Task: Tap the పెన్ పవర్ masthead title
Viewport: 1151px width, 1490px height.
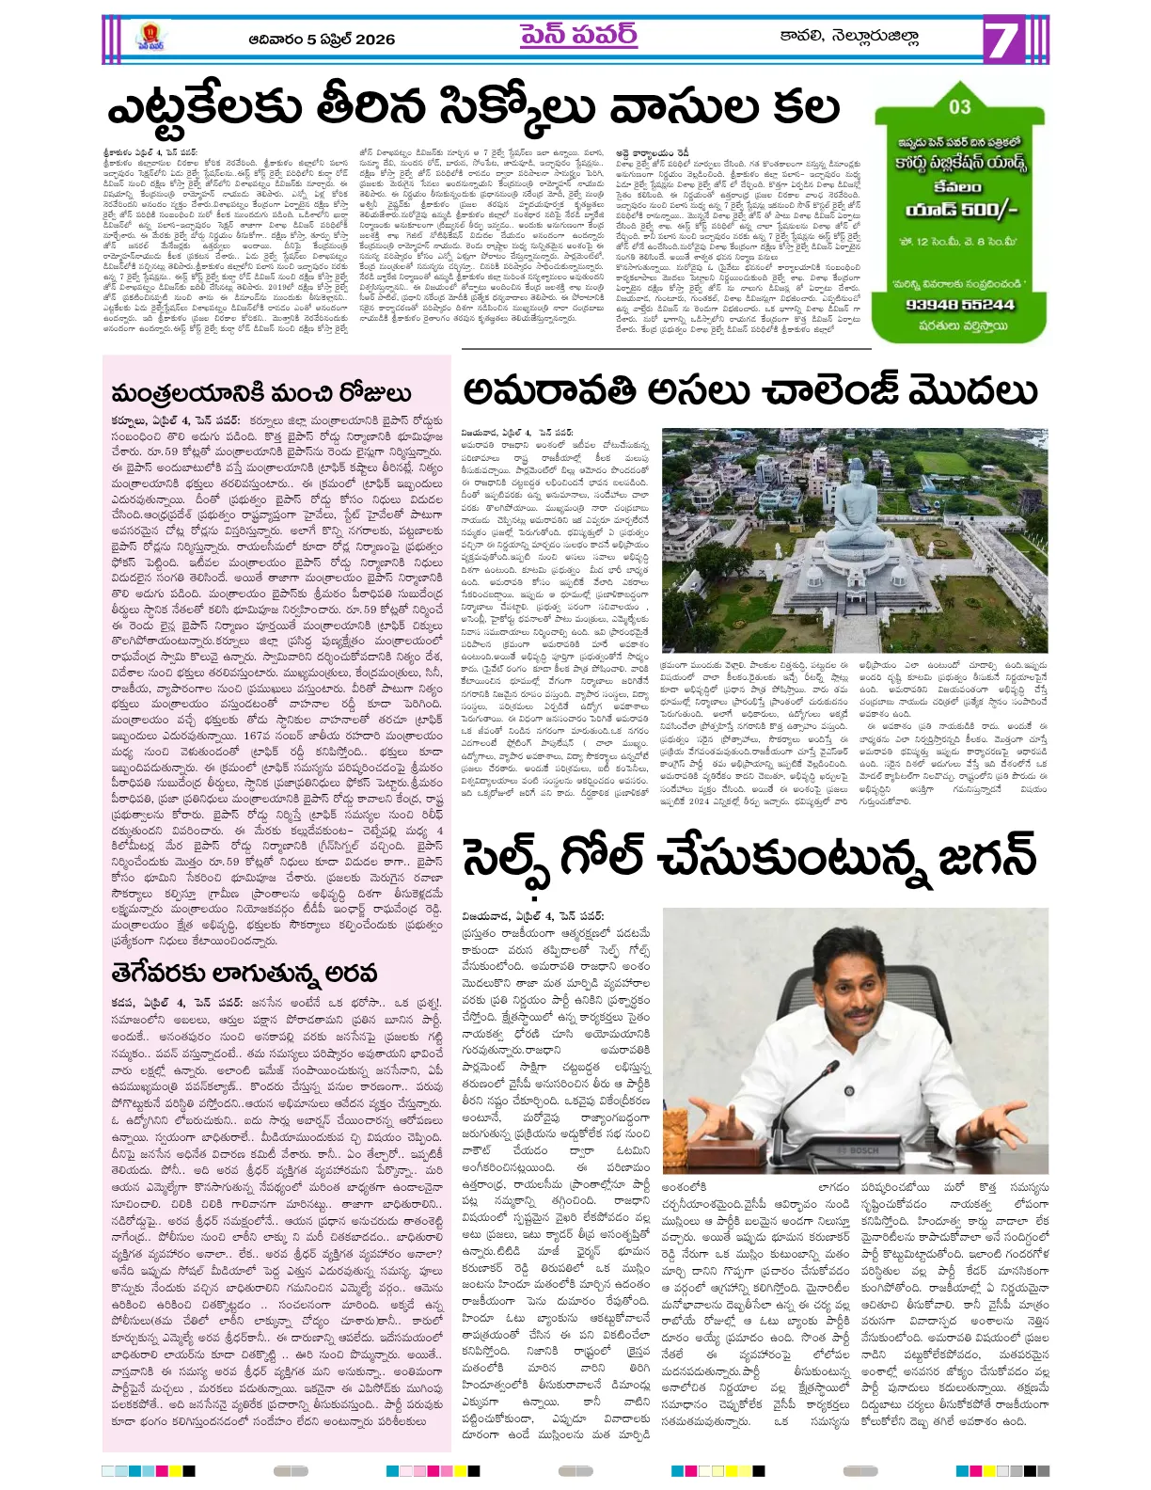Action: pos(578,36)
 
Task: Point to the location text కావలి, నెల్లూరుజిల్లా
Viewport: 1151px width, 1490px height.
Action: pos(849,37)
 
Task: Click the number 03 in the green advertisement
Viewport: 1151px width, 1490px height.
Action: pos(959,107)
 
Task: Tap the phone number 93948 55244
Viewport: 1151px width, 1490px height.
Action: pos(959,305)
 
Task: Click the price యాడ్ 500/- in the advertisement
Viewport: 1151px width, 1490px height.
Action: pos(960,209)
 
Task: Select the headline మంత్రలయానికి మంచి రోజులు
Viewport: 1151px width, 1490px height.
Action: pos(260,392)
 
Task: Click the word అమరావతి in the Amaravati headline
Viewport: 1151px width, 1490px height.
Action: pos(544,390)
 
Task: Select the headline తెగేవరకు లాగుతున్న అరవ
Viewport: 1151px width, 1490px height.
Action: pos(244,972)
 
